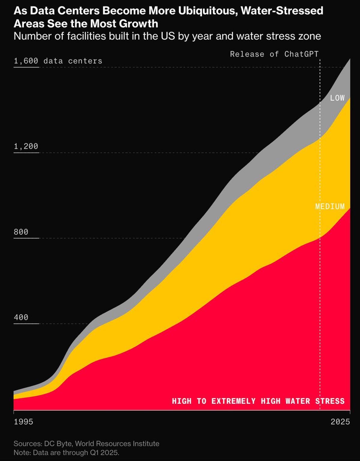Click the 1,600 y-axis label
point(26,61)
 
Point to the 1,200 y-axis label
point(26,146)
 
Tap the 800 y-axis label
point(21,232)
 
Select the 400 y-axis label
point(21,317)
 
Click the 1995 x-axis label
point(23,422)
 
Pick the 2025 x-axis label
point(340,422)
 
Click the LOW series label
point(337,98)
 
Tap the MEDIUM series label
point(330,207)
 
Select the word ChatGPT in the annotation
point(301,54)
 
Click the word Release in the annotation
point(247,54)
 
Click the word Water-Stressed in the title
point(282,11)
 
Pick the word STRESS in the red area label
point(330,401)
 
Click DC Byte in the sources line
point(58,444)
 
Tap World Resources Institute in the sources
point(117,444)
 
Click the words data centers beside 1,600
point(73,61)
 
